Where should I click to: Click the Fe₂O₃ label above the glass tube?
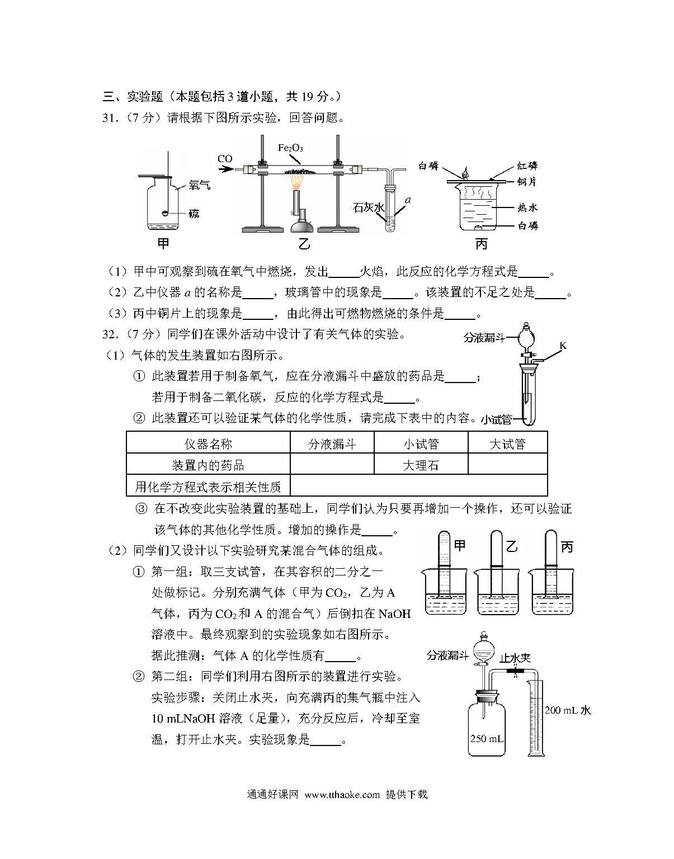point(290,148)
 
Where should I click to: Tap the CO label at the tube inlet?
point(225,159)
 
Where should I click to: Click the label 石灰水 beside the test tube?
point(369,207)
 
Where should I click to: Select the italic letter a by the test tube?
point(408,200)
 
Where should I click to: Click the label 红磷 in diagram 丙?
point(527,166)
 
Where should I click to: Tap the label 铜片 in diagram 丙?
point(527,182)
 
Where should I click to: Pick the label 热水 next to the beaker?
point(528,207)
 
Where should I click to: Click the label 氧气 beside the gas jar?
point(200,185)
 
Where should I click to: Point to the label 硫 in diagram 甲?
point(194,214)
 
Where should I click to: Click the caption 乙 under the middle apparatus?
point(304,244)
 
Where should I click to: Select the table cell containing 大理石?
point(421,465)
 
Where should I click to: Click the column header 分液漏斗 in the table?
point(332,444)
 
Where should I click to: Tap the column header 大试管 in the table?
point(507,444)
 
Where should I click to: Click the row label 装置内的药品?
point(208,465)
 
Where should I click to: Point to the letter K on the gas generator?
point(563,346)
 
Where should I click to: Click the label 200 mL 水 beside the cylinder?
point(568,710)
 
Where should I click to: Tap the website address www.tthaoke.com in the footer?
point(342,795)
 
